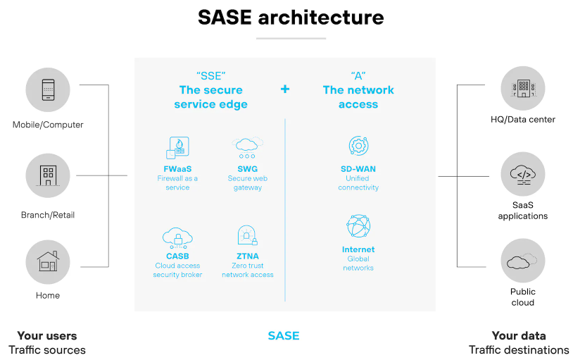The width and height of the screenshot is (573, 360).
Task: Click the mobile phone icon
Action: coord(48,89)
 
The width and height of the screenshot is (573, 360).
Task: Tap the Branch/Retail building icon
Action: coord(48,175)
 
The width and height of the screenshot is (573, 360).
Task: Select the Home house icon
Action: coord(48,261)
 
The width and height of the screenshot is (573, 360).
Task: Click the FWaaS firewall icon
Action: coord(177,148)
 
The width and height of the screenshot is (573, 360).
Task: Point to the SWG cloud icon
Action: coord(247,147)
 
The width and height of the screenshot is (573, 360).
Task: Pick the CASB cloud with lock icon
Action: coord(177,238)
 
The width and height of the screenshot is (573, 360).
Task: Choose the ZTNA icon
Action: coord(247,235)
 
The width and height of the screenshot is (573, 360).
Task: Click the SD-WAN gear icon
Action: coord(358,146)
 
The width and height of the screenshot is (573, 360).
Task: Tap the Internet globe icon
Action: coord(358,226)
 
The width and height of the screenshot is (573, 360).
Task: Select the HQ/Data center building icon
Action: coord(523,88)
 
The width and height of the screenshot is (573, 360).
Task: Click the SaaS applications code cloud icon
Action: coord(523,175)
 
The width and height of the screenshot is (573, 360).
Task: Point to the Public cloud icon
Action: coord(522,261)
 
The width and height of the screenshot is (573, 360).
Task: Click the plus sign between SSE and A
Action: coord(285,89)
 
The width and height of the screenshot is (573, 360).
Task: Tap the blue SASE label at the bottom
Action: coord(284,335)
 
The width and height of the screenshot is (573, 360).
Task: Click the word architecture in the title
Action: coord(321,17)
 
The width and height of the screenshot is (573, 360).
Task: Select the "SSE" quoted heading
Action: coord(211,75)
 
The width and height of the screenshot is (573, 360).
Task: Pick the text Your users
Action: coord(47,335)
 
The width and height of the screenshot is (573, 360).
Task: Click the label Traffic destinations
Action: coord(519,349)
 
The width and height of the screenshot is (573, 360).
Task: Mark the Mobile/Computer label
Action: coord(48,125)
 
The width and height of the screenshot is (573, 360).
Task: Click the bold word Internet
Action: coord(358,249)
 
